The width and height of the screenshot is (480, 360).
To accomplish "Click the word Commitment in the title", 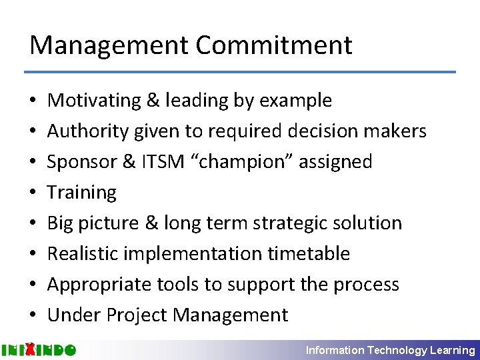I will (x=274, y=45).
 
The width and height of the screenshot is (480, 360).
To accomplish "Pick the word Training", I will (x=82, y=193).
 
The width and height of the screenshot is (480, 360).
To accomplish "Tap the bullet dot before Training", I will (x=33, y=193).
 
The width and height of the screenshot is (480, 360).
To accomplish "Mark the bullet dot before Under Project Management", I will (x=33, y=315).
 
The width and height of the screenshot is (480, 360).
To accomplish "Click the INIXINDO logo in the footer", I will (x=39, y=349).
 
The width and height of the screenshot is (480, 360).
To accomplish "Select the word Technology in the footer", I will (x=399, y=350).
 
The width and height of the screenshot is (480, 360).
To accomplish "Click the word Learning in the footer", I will (x=454, y=350).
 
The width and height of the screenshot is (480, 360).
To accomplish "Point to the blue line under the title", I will (x=240, y=72).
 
